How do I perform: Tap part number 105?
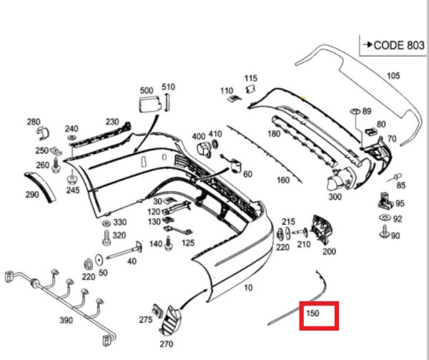(x=393, y=75)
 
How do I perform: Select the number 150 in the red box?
(x=312, y=313)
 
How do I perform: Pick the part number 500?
(x=147, y=90)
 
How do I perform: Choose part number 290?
(x=32, y=195)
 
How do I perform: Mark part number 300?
(x=335, y=196)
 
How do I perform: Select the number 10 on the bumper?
(x=248, y=288)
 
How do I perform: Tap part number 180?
(x=274, y=134)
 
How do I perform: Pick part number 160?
(x=283, y=180)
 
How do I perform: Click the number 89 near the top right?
(x=367, y=112)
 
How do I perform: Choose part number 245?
(x=72, y=190)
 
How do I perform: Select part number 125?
(x=188, y=243)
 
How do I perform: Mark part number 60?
(x=247, y=174)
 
